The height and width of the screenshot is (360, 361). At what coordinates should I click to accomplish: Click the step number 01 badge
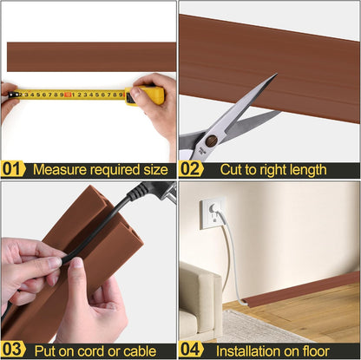pos(13,169)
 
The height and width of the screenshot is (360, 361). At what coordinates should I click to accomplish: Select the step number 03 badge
pos(13,350)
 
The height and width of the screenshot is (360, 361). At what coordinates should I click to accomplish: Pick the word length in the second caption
pos(306,170)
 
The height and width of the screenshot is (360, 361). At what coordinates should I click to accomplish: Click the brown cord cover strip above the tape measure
pos(90,57)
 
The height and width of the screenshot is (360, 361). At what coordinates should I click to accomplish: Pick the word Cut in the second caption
pos(233,169)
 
